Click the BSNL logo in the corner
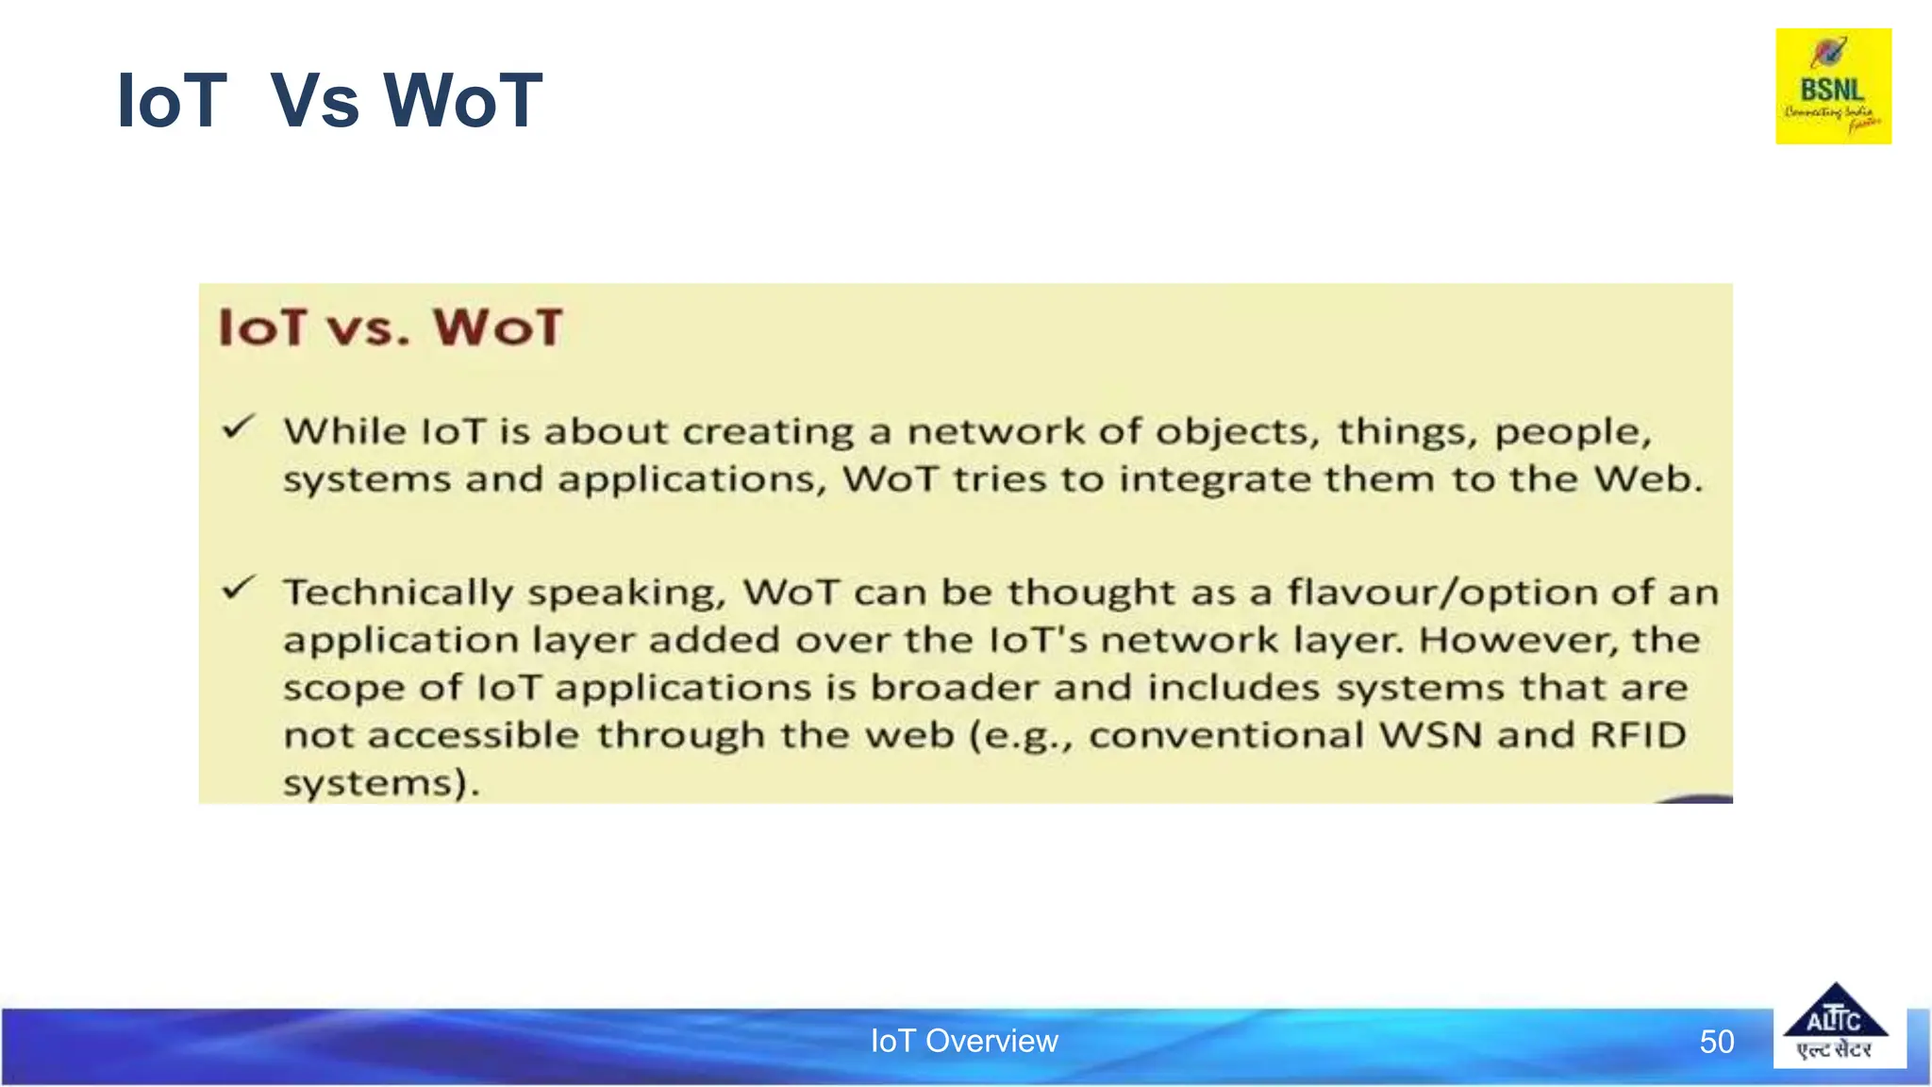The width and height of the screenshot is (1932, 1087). click(1833, 86)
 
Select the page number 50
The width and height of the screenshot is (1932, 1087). click(1716, 1042)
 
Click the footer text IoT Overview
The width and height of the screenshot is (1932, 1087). click(963, 1041)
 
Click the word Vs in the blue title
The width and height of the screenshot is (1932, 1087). click(314, 101)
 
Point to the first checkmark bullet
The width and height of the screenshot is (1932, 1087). click(238, 427)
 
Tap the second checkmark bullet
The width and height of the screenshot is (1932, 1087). click(238, 589)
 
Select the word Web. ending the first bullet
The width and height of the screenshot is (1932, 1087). click(1648, 479)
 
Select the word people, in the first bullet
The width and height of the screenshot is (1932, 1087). click(1573, 433)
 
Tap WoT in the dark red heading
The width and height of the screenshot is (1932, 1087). click(497, 327)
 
